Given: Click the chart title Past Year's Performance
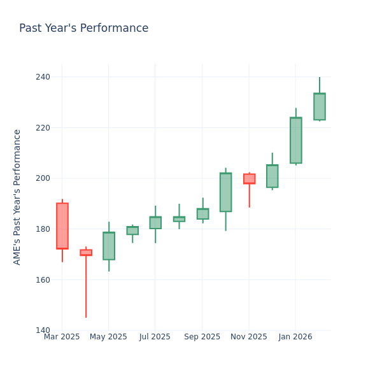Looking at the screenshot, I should pyautogui.click(x=83, y=29).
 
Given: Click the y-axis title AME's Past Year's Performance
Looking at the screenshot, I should pyautogui.click(x=17, y=197).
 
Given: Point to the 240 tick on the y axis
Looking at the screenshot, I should pyautogui.click(x=43, y=77).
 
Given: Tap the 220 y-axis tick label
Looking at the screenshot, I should pyautogui.click(x=43, y=127).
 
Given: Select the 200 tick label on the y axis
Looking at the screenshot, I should pyautogui.click(x=43, y=178).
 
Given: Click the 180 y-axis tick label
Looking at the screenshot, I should pyautogui.click(x=43, y=229).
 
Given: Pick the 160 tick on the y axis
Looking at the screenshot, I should pyautogui.click(x=43, y=279).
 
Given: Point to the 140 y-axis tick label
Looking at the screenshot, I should pyautogui.click(x=43, y=330).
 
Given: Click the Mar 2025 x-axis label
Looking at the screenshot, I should pyautogui.click(x=62, y=337).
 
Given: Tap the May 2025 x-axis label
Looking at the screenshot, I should pyautogui.click(x=108, y=337).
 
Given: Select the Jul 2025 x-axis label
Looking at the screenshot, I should pyautogui.click(x=155, y=337).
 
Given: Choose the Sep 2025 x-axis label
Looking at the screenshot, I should pyautogui.click(x=202, y=337).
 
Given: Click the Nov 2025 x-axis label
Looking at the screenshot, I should pyautogui.click(x=249, y=337).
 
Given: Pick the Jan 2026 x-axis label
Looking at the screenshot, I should pyautogui.click(x=295, y=337).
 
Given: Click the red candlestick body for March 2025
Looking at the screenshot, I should pyautogui.click(x=62, y=226).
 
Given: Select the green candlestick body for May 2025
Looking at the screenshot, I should pyautogui.click(x=109, y=246).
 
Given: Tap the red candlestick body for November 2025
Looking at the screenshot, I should pyautogui.click(x=249, y=179).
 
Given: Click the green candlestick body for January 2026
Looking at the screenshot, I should pyautogui.click(x=295, y=140).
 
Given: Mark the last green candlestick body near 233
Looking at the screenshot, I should pyautogui.click(x=319, y=106).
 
